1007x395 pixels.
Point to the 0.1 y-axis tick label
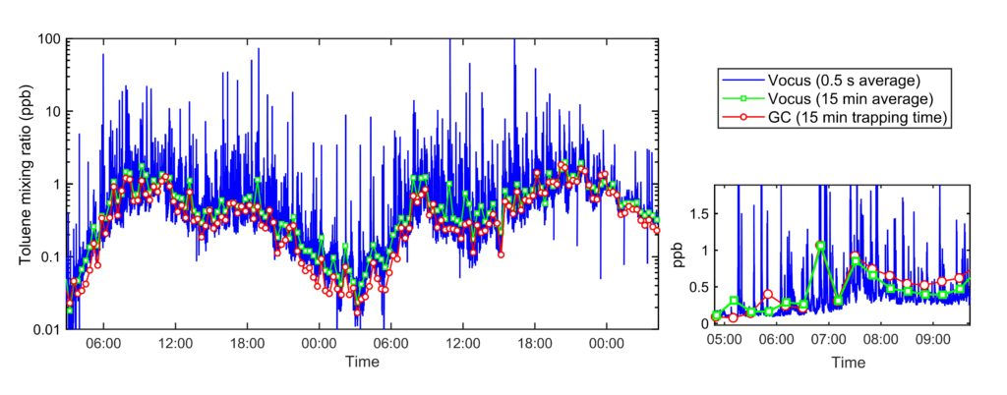click(x=52, y=256)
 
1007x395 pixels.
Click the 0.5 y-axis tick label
click(x=697, y=287)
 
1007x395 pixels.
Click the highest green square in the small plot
click(x=819, y=246)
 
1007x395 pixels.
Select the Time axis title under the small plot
click(x=848, y=362)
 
